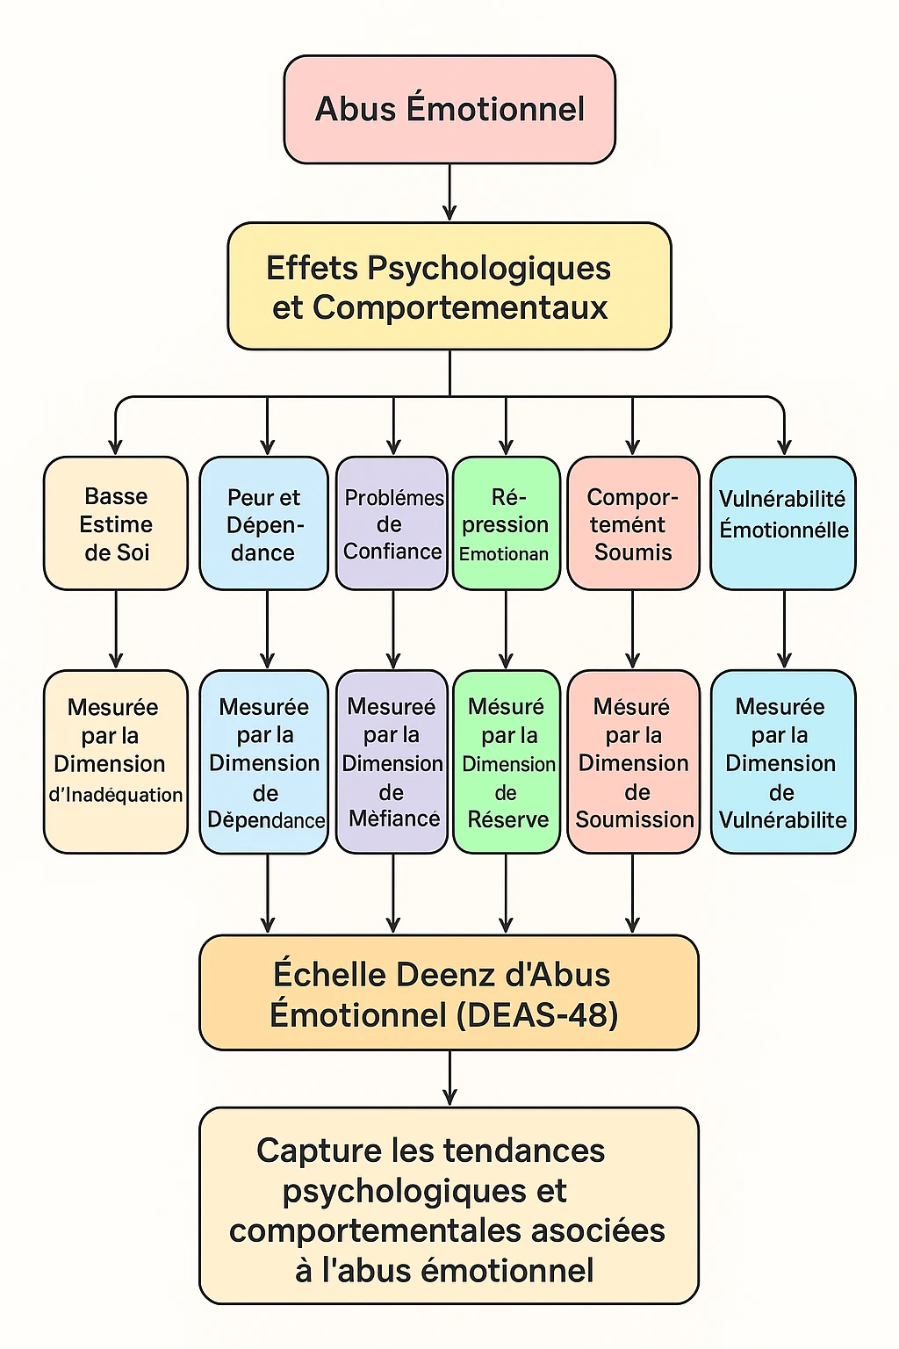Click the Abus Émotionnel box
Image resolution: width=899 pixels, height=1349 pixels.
449,110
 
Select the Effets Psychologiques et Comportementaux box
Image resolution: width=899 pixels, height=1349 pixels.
449,286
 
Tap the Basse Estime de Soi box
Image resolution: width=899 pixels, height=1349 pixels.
116,523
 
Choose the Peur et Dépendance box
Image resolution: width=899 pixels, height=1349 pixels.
263,523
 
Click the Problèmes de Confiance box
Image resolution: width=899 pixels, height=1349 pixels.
392,523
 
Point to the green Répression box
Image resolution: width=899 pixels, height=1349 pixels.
506,523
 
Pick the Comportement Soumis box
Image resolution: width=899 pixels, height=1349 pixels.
633,523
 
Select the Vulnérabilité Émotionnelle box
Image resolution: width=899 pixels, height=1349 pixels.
783,523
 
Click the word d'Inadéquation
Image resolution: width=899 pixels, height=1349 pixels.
116,795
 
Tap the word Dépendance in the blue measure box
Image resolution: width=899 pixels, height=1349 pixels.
266,820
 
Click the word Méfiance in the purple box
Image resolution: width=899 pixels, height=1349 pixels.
394,819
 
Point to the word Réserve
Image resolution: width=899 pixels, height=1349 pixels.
507,819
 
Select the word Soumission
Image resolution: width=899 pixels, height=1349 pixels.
635,819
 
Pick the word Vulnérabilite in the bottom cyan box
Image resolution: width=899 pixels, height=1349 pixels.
783,819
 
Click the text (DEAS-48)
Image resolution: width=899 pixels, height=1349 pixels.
537,1015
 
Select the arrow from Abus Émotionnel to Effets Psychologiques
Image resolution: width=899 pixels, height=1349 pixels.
449,193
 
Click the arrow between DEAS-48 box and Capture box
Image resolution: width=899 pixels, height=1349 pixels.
449,1078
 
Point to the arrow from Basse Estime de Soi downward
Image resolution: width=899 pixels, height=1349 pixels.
116,629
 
